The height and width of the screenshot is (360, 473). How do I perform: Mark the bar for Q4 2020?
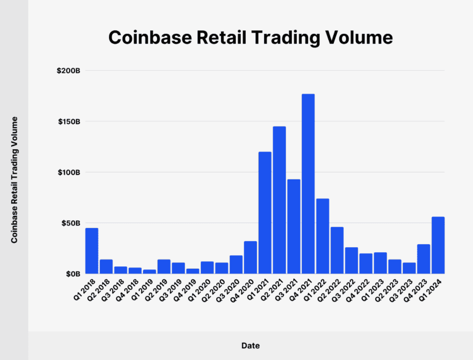coord(250,257)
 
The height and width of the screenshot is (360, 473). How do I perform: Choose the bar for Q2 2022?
coord(337,250)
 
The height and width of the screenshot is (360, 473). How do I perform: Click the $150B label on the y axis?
coord(68,121)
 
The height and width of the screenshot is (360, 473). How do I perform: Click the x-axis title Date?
coord(250,346)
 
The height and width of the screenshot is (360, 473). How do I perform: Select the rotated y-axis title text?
coord(14,179)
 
